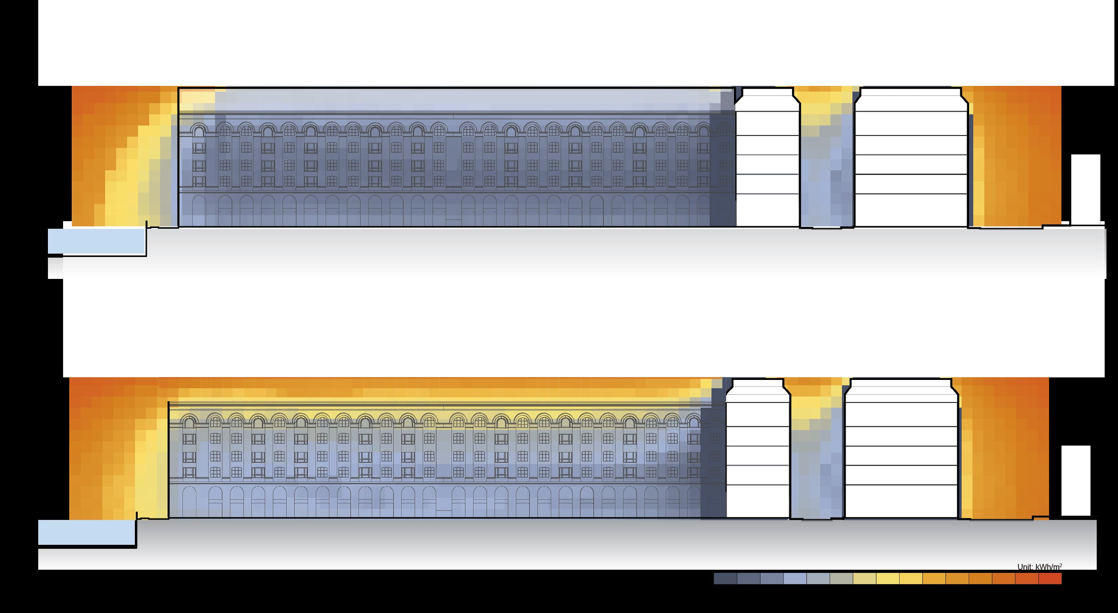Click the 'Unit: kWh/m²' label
point(1039,566)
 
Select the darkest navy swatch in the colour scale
point(725,578)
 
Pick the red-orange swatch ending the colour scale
point(1050,578)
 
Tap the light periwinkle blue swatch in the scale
point(795,578)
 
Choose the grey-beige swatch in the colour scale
point(841,578)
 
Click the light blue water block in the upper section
point(96,241)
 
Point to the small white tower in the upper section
point(1086,189)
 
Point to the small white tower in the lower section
point(1076,481)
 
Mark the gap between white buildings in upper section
point(827,174)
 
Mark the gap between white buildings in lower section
point(817,465)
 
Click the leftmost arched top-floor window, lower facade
point(189,421)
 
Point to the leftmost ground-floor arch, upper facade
point(199,210)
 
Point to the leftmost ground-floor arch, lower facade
point(189,502)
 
